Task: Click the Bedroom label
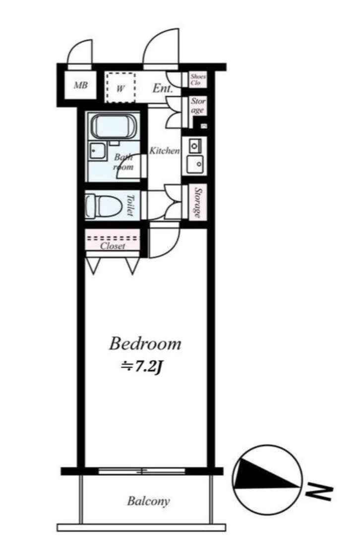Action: point(145,343)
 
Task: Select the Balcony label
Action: point(149,501)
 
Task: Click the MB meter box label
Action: point(81,85)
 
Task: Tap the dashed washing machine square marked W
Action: point(121,87)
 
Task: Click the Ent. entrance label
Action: point(163,88)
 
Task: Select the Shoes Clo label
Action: point(198,80)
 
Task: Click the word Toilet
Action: point(130,205)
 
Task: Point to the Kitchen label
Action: point(164,151)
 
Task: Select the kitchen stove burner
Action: point(195,145)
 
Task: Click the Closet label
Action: point(113,246)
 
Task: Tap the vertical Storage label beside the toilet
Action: point(197,203)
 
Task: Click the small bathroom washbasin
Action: point(97,151)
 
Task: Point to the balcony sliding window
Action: point(142,471)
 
